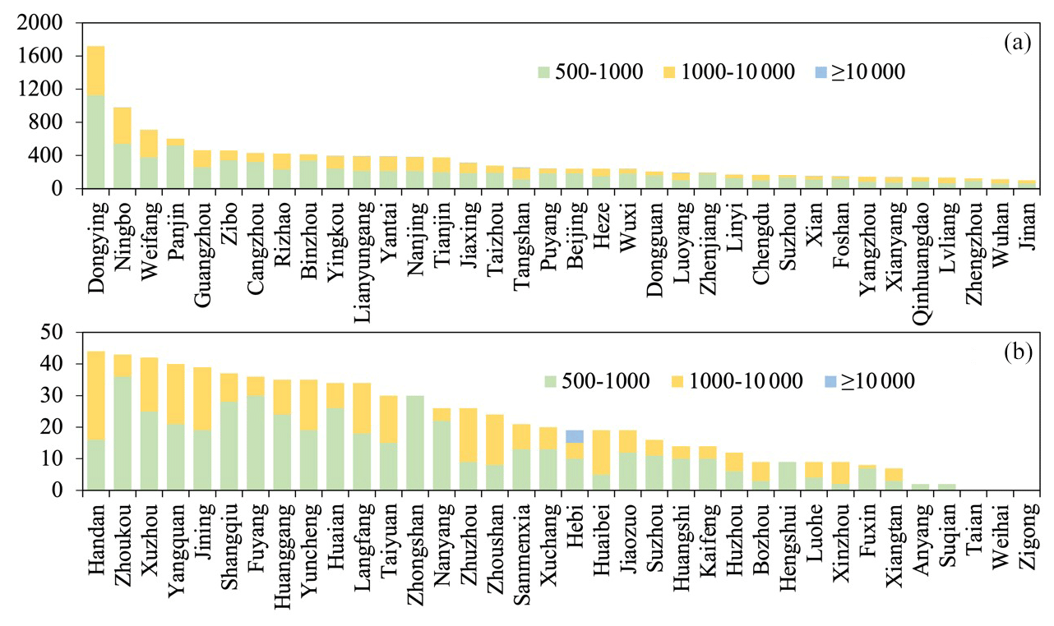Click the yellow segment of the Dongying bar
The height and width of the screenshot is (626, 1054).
(96, 71)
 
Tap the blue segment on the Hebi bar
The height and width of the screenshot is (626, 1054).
(575, 436)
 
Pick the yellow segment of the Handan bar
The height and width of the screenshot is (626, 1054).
(96, 395)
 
